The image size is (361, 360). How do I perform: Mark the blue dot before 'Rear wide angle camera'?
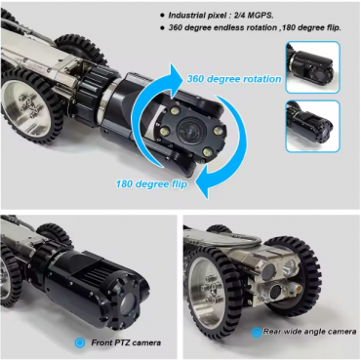click(255, 332)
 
